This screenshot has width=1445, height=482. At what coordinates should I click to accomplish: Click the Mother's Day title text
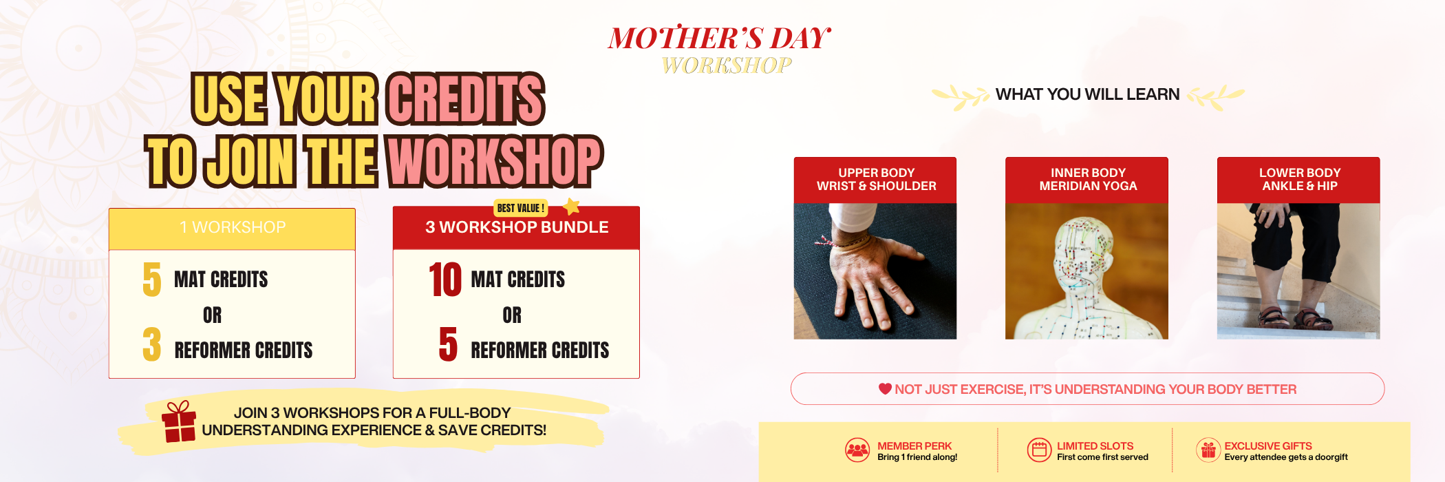coord(720,38)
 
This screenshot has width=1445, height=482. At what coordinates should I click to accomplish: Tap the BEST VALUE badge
coord(521,208)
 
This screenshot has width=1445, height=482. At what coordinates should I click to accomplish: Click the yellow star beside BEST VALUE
coord(571,206)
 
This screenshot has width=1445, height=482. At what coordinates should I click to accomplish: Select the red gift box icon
coord(179,421)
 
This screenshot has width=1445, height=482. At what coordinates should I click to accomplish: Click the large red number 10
coord(445,280)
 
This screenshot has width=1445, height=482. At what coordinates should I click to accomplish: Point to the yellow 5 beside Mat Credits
coord(152,280)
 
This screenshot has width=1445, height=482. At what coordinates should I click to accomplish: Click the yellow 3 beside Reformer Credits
coord(152,344)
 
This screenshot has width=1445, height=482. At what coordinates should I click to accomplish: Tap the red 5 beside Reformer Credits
coord(448,344)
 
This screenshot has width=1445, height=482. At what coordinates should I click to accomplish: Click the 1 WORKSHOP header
coord(233,227)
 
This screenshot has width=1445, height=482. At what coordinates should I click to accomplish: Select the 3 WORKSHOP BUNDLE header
coord(516,227)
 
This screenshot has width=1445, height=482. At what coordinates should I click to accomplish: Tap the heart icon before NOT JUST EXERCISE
coord(885,389)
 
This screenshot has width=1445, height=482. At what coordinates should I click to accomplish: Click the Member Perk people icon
coord(857,450)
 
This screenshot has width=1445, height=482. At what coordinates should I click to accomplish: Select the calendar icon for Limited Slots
coord(1040,450)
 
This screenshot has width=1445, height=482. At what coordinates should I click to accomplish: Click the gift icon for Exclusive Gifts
coord(1208,450)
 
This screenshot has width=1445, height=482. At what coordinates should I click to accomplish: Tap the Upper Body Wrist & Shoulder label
coord(876,180)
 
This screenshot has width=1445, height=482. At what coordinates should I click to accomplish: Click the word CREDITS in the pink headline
coord(466,99)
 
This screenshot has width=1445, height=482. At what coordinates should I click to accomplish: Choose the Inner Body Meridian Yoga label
coord(1087,180)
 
